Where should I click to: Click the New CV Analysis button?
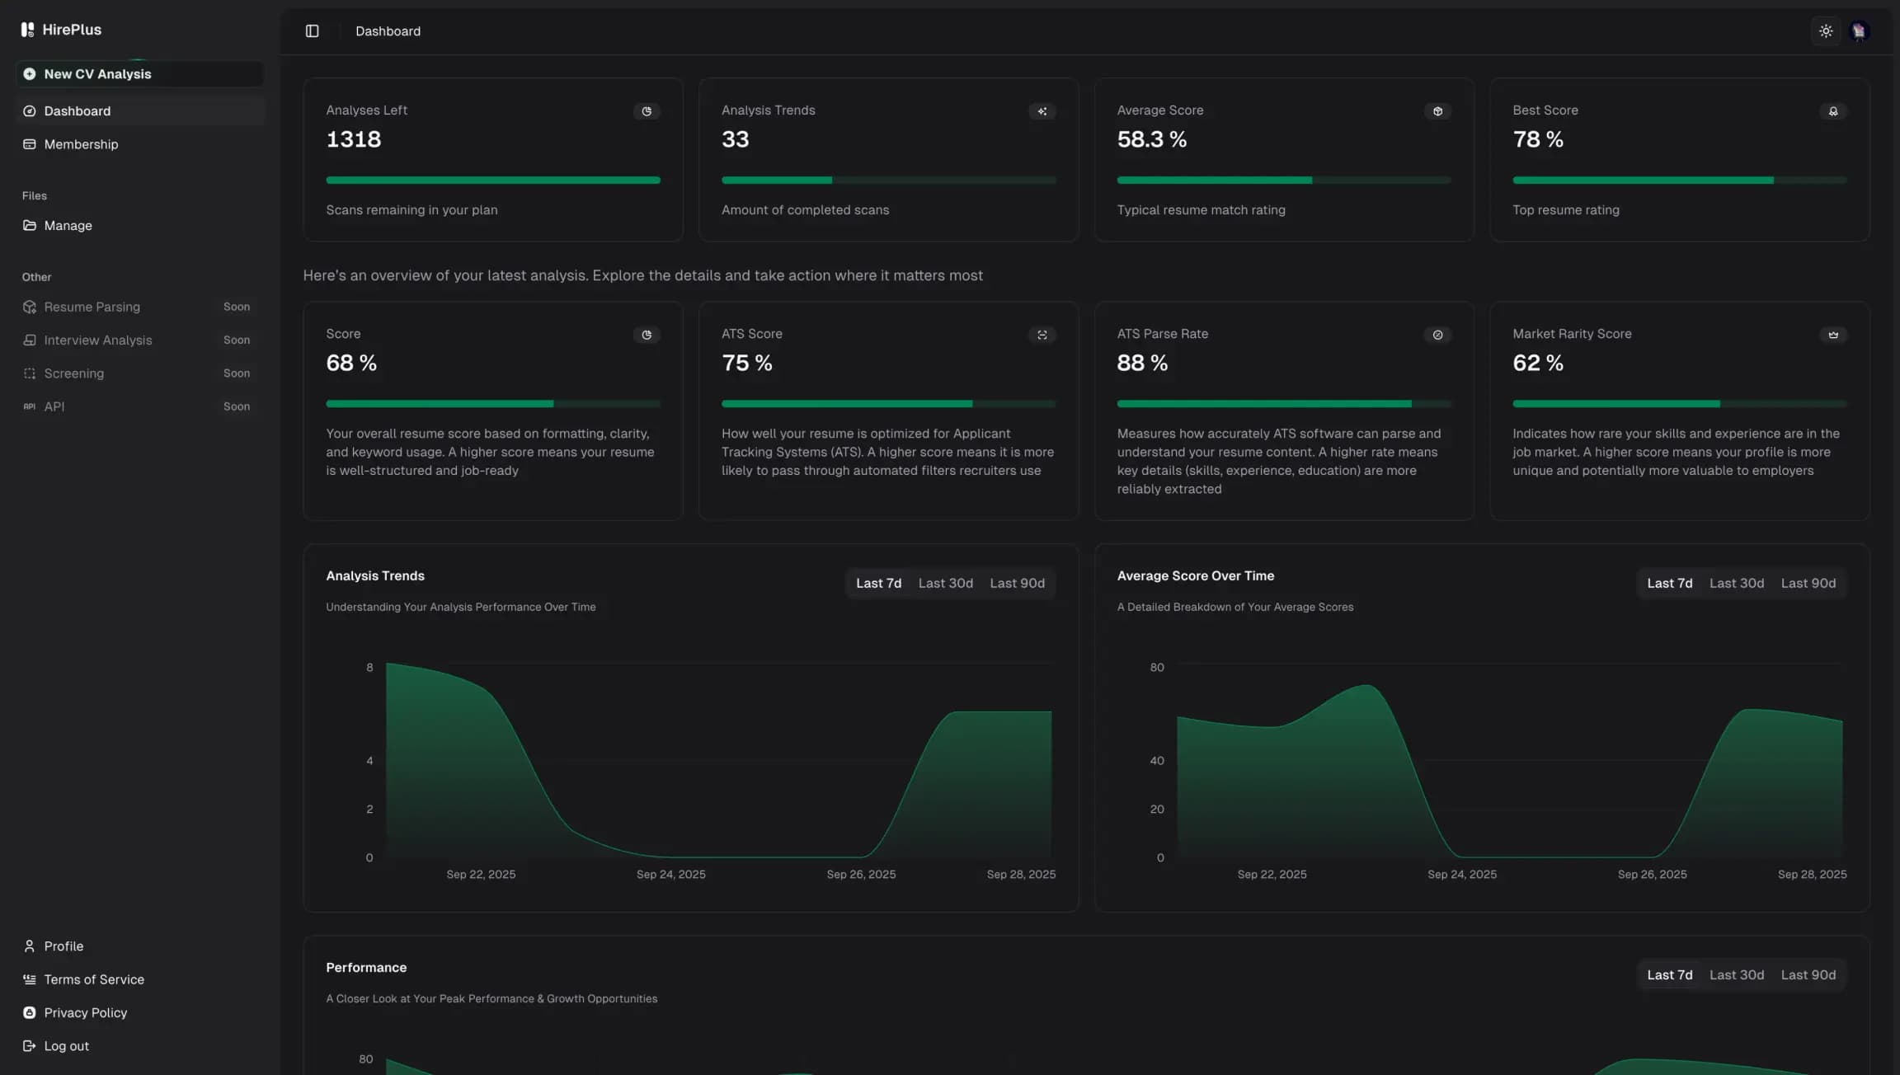tap(97, 74)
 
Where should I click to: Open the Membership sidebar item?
tap(81, 144)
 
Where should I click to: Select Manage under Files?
tap(68, 226)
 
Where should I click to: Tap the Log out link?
tap(66, 1046)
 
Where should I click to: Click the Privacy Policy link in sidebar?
tap(85, 1013)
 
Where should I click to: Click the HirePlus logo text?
tap(72, 30)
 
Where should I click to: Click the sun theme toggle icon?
tap(1826, 31)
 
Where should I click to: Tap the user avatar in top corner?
tap(1859, 31)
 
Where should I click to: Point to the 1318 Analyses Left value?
tap(353, 139)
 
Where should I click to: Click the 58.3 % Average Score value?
tap(1151, 139)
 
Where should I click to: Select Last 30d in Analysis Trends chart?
tap(945, 584)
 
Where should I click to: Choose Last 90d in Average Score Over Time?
tap(1808, 584)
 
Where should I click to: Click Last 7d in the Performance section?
tap(1669, 975)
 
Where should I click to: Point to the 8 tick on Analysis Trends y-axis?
tap(369, 668)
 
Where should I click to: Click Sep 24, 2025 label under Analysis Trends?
tap(670, 875)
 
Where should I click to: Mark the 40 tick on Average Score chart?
tap(1157, 761)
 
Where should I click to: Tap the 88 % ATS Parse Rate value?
tap(1142, 363)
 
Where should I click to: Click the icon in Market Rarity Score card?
tap(1832, 335)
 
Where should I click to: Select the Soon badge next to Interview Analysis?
tap(236, 340)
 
